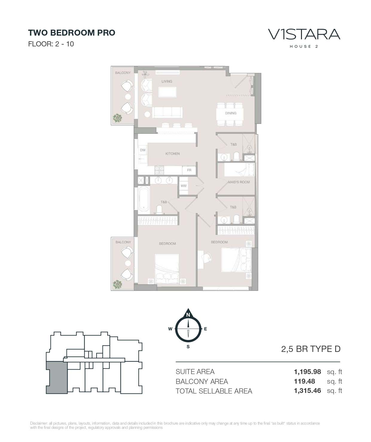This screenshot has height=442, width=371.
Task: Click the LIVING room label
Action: tap(167, 81)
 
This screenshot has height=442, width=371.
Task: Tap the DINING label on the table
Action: tap(230, 113)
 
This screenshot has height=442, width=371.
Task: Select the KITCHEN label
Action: tap(172, 154)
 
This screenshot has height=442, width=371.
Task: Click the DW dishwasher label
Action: tap(143, 150)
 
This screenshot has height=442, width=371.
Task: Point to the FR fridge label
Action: tap(189, 170)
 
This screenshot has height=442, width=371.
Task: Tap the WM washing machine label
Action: tap(183, 186)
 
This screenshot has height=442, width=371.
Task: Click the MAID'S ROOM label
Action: tap(239, 182)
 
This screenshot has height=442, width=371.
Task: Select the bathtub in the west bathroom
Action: tap(144, 199)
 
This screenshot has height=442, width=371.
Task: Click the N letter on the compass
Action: tap(188, 315)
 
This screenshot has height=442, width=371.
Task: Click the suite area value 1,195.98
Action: tap(307, 371)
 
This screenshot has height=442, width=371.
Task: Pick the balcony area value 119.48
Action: tap(304, 381)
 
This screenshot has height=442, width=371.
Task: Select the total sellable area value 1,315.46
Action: tap(307, 391)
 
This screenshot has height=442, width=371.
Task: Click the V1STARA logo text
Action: tap(304, 34)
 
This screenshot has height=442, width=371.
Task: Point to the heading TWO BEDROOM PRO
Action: tap(72, 33)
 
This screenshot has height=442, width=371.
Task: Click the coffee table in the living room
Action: tap(167, 92)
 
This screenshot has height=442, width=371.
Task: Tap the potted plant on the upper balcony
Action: tap(117, 118)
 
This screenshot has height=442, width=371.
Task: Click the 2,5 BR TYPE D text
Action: tap(311, 349)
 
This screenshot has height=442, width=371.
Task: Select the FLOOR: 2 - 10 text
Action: tap(51, 44)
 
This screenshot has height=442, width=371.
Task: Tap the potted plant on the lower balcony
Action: tap(117, 284)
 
